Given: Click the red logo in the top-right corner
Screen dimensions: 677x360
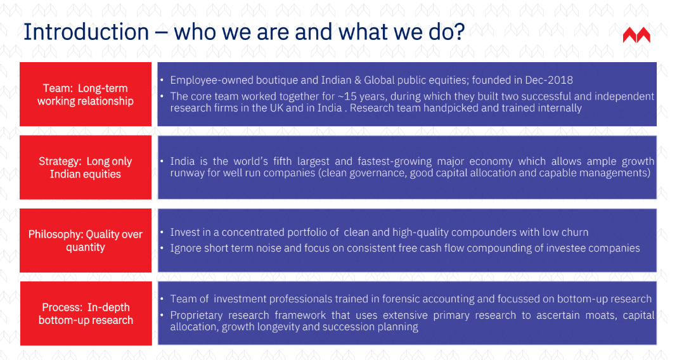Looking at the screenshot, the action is pyautogui.click(x=636, y=35).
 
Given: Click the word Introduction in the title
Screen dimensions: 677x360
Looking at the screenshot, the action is pyautogui.click(x=86, y=32).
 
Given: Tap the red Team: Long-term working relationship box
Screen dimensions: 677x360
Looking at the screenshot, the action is pyautogui.click(x=86, y=94).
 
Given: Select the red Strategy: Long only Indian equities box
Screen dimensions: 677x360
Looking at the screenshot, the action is pyautogui.click(x=86, y=167).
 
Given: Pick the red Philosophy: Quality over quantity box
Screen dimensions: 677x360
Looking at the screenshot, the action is pyautogui.click(x=86, y=240).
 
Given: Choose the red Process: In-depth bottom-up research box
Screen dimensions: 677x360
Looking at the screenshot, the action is pyautogui.click(x=86, y=313).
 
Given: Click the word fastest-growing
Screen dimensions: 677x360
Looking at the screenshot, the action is pyautogui.click(x=395, y=162).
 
